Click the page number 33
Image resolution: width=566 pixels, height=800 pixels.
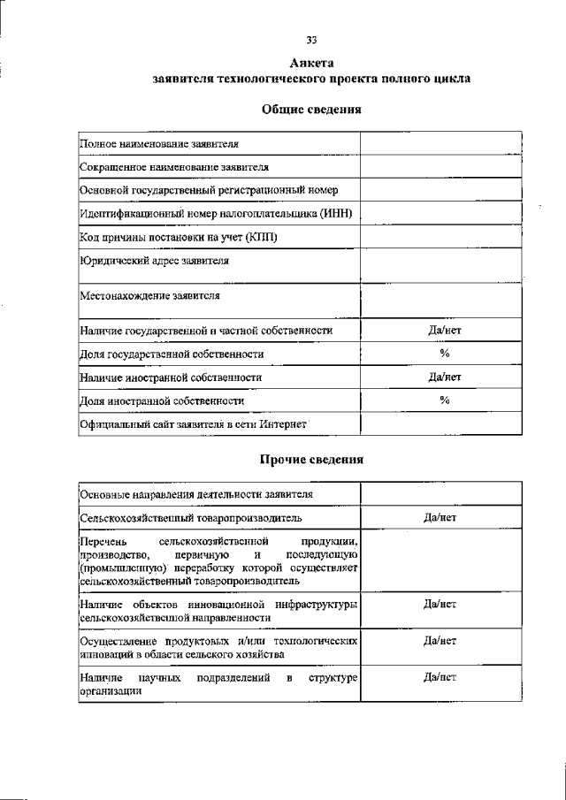[x=311, y=40]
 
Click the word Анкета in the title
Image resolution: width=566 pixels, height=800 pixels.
[x=311, y=63]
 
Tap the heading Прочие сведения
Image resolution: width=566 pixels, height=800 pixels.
[x=311, y=459]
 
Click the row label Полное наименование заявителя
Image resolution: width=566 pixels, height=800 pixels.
[x=159, y=143]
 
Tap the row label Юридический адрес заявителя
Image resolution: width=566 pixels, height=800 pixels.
[x=154, y=262]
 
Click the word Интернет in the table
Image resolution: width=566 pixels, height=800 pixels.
[x=282, y=424]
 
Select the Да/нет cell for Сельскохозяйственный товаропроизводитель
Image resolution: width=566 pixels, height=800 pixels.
[x=440, y=516]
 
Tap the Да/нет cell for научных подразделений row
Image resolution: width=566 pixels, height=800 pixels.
[x=440, y=678]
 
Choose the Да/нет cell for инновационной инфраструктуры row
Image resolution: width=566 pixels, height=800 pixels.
[x=440, y=604]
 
